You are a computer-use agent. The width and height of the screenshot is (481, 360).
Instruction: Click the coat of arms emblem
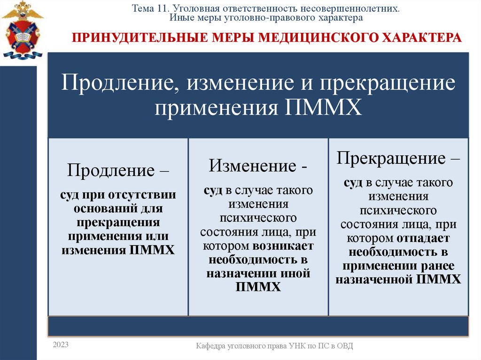point(21,31)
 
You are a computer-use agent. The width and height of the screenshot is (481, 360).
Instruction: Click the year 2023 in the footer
point(61,345)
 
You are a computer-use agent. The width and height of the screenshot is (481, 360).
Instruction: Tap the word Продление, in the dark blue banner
point(120,84)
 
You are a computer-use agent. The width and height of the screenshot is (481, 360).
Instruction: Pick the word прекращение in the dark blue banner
point(388,84)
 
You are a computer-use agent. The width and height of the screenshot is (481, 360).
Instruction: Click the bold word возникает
point(285,246)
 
